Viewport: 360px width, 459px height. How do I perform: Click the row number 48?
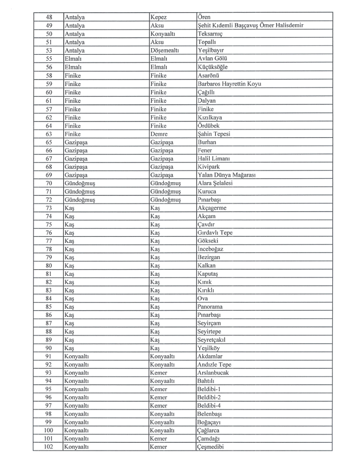click(49, 17)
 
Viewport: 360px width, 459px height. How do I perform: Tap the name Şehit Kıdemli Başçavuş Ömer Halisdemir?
click(251, 25)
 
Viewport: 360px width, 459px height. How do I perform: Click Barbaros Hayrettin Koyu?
click(229, 84)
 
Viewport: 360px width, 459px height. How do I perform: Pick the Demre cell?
click(159, 134)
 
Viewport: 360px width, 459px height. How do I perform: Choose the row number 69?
click(49, 175)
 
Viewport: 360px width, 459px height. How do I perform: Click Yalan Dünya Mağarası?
click(227, 175)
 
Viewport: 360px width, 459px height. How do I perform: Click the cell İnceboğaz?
click(210, 249)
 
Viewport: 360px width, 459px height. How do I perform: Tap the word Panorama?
click(210, 307)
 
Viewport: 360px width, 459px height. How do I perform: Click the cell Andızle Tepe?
click(214, 364)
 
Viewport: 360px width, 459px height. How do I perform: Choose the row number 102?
click(49, 447)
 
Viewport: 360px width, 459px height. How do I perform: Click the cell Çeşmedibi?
click(211, 447)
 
